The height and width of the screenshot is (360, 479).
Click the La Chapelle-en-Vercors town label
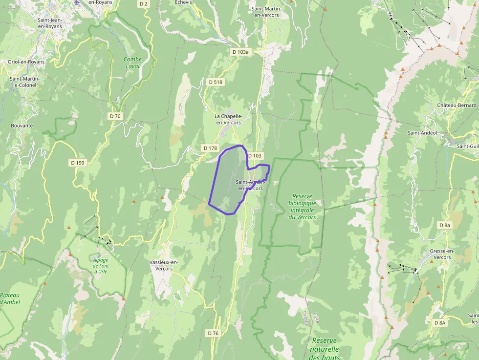[228, 119]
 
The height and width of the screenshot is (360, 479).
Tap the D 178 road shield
[209, 148]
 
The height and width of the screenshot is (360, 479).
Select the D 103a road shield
[240, 52]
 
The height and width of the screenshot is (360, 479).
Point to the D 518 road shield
[215, 82]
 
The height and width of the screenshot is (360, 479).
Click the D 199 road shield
[78, 163]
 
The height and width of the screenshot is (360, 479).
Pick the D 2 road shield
[143, 4]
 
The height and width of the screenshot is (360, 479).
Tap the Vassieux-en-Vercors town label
[164, 265]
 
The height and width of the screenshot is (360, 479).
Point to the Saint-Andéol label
[422, 132]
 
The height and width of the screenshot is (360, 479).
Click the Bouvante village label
[22, 126]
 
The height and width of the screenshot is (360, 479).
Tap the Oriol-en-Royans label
[26, 62]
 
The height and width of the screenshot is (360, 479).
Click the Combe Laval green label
[132, 63]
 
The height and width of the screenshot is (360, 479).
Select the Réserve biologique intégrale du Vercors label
[302, 207]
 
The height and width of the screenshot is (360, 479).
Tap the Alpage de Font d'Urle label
[101, 266]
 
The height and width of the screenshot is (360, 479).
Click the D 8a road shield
[444, 225]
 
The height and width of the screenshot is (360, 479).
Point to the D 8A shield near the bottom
[440, 323]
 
